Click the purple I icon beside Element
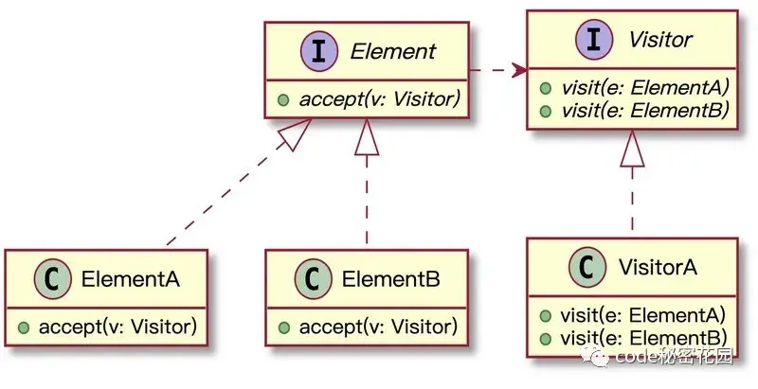coord(319,51)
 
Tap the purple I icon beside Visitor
coord(594,40)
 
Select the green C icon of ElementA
coord(53,278)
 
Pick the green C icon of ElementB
coord(314,278)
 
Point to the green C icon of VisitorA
coord(587,267)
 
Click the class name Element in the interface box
coord(392,52)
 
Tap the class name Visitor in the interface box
coord(659,40)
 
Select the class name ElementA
coord(131,279)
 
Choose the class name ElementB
coord(390,279)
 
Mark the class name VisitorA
coord(658,267)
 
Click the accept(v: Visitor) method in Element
coord(380,99)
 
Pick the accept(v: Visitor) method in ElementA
coord(117,327)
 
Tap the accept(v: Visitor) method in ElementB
coord(378,327)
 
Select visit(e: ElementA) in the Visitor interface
coord(645,88)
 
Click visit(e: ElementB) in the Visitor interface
coord(645,111)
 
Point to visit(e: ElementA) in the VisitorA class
coord(643,315)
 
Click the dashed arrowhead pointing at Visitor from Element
coord(520,70)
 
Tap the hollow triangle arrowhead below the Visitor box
coord(632,149)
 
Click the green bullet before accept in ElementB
coord(284,327)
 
